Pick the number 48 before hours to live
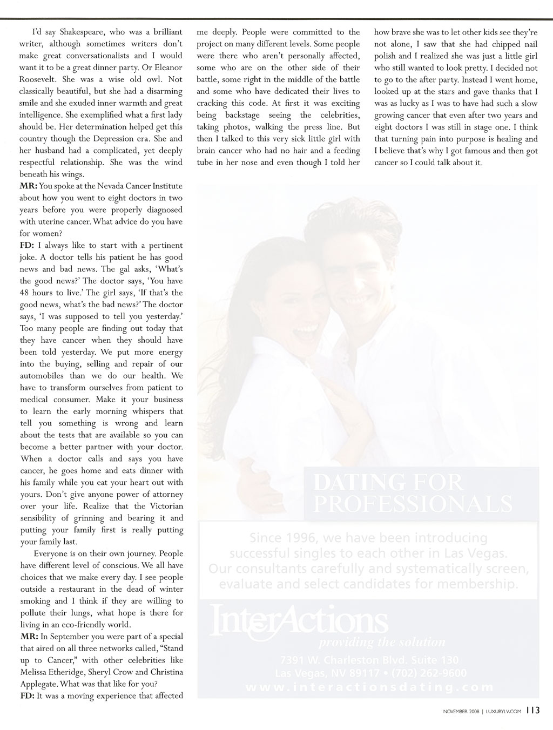[x=25, y=293]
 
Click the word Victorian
[x=166, y=506]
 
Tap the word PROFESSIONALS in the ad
[x=413, y=504]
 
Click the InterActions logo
[x=300, y=621]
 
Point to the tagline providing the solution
[x=382, y=643]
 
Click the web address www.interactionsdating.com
[x=369, y=687]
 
